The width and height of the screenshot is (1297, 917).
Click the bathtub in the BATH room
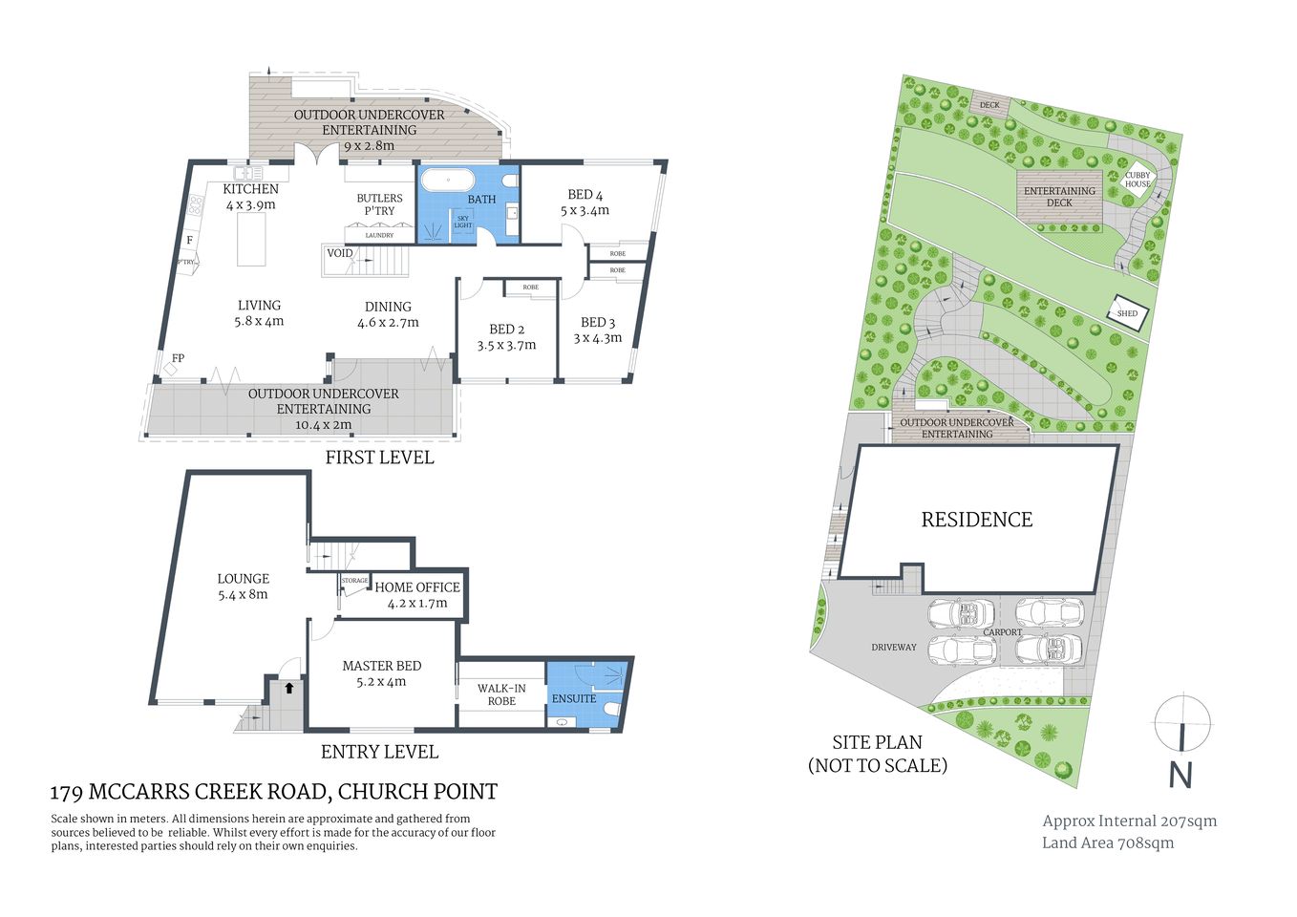(447, 181)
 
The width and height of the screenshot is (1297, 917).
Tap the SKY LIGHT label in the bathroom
(463, 222)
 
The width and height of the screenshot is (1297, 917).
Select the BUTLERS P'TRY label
(379, 204)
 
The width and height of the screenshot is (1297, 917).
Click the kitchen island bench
(251, 239)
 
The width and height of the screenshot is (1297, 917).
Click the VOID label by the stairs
(340, 253)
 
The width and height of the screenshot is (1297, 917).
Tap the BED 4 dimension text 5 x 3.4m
(585, 210)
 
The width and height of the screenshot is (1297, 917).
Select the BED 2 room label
(507, 329)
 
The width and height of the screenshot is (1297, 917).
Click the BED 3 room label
(598, 323)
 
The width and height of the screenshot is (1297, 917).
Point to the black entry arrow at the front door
(288, 687)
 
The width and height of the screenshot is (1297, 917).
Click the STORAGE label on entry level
(354, 581)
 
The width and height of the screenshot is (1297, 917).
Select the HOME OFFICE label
(417, 587)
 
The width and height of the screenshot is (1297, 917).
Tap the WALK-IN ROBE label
(501, 694)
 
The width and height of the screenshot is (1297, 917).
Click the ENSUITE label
(574, 698)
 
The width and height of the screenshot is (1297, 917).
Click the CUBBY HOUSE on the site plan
(1138, 180)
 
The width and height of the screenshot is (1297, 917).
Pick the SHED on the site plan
(1127, 313)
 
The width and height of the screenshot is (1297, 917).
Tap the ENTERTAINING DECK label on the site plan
(1059, 197)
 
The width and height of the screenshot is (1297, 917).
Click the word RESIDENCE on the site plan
(977, 520)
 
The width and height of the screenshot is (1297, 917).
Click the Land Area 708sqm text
(1108, 842)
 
